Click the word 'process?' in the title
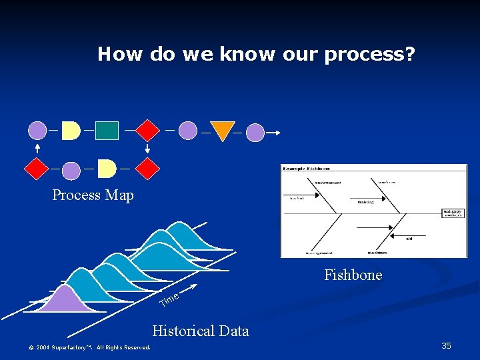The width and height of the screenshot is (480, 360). click(370, 55)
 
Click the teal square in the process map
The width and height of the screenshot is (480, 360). click(107, 130)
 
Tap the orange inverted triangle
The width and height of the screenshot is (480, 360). click(223, 131)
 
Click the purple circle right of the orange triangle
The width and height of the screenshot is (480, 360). click(255, 133)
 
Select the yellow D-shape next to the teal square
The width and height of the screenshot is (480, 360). click(71, 130)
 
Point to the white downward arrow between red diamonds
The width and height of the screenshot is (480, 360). click(148, 149)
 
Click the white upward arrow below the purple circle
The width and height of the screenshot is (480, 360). click(37, 149)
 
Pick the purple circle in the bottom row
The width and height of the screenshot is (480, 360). click(71, 171)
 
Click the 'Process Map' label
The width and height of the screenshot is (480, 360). click(93, 195)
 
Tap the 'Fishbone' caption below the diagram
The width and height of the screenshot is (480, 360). click(353, 275)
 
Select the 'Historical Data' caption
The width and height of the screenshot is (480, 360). click(200, 331)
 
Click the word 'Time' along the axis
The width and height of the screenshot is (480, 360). click(169, 301)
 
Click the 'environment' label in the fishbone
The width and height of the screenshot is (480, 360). click(328, 181)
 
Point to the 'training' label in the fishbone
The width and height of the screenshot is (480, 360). click(365, 201)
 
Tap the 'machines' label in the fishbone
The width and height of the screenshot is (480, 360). click(377, 252)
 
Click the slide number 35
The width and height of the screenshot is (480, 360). click(446, 345)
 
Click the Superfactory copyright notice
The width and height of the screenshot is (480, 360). click(89, 347)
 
